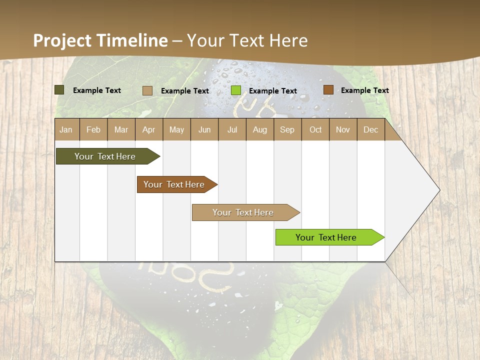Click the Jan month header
66,129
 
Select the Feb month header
93,129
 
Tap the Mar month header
121,129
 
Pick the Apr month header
149,129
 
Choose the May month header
176,129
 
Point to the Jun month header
204,129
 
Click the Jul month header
232,129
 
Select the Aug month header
260,129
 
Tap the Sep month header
287,129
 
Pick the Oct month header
315,129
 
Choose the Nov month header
343,129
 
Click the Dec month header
371,129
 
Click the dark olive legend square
59,90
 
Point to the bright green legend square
236,90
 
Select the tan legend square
147,90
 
